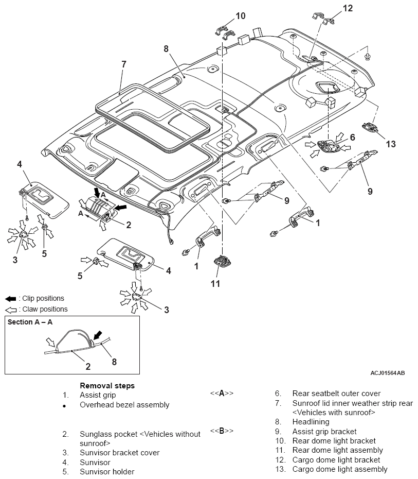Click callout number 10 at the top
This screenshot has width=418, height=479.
pyautogui.click(x=241, y=15)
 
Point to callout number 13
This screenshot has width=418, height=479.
pyautogui.click(x=391, y=144)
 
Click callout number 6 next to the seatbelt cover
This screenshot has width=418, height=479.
pyautogui.click(x=352, y=138)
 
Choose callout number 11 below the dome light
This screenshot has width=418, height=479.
pyautogui.click(x=215, y=283)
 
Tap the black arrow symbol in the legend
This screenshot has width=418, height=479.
pyautogui.click(x=10, y=299)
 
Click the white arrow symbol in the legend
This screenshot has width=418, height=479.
pyautogui.click(x=10, y=310)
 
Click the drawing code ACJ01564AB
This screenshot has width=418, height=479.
pyautogui.click(x=387, y=372)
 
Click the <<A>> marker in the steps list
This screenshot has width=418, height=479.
pyautogui.click(x=222, y=393)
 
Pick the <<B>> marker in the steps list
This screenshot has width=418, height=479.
pyautogui.click(x=222, y=430)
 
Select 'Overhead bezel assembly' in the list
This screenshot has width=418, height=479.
pyautogui.click(x=124, y=405)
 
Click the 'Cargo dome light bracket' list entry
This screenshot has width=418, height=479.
pyautogui.click(x=336, y=459)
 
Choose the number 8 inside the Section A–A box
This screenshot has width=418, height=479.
pyautogui.click(x=114, y=362)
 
